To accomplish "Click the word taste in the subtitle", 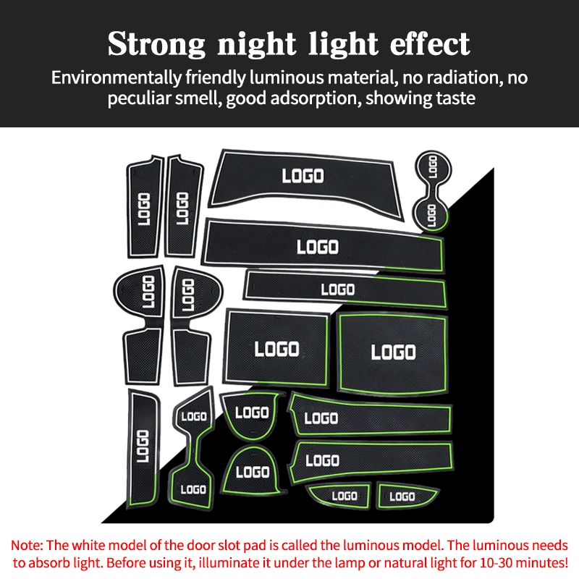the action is pyautogui.click(x=453, y=98).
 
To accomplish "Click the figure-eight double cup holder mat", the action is pyautogui.click(x=431, y=190).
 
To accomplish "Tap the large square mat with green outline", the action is pyautogui.click(x=393, y=352).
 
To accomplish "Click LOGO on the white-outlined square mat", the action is pyautogui.click(x=276, y=350).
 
